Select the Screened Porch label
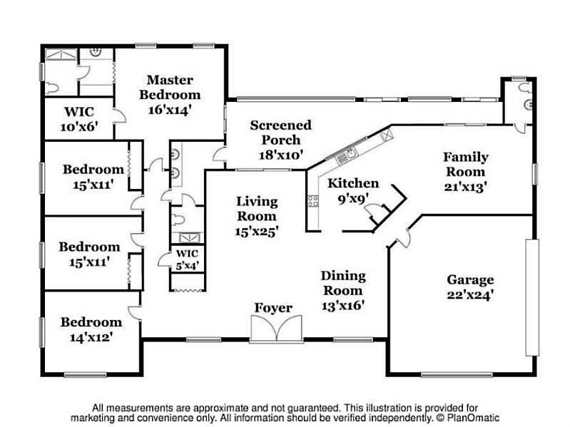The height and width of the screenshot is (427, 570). [x=280, y=133]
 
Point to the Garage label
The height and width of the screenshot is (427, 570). [x=470, y=279]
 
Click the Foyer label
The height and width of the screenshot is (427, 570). [x=274, y=308]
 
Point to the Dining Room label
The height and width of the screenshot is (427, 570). [x=343, y=283]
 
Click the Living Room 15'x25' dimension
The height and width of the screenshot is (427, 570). [x=257, y=230]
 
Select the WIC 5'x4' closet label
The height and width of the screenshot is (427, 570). [x=187, y=259]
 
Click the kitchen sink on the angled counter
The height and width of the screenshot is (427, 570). [x=351, y=152]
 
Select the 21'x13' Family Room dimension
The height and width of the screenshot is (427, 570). [x=464, y=187]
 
